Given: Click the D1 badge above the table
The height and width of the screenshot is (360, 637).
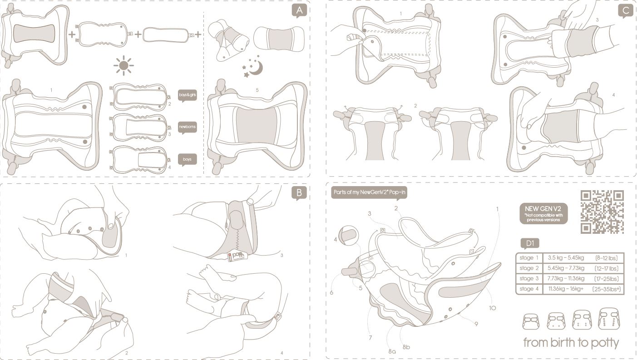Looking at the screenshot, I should click(x=529, y=243).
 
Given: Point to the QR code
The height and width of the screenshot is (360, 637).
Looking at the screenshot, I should click(x=602, y=212).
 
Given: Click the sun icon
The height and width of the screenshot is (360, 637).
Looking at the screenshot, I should click(x=123, y=65).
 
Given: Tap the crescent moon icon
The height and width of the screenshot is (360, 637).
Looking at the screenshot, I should click(x=255, y=68).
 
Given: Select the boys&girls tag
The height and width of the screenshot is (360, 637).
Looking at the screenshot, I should click(x=188, y=96).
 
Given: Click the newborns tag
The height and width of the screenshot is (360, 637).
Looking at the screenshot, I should click(x=188, y=127).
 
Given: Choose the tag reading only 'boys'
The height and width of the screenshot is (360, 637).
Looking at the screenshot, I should click(x=188, y=160).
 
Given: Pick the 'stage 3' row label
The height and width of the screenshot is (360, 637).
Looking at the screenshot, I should click(x=529, y=279).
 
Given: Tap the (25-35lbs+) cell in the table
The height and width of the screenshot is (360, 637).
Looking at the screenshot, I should click(x=607, y=289).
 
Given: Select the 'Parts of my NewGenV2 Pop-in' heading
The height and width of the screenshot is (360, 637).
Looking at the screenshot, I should click(x=369, y=192).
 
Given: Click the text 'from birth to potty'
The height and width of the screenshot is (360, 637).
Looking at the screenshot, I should click(x=571, y=342).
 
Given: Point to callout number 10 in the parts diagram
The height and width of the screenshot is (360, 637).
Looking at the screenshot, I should click(x=492, y=308).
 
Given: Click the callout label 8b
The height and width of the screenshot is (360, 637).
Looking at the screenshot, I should click(x=406, y=347).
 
